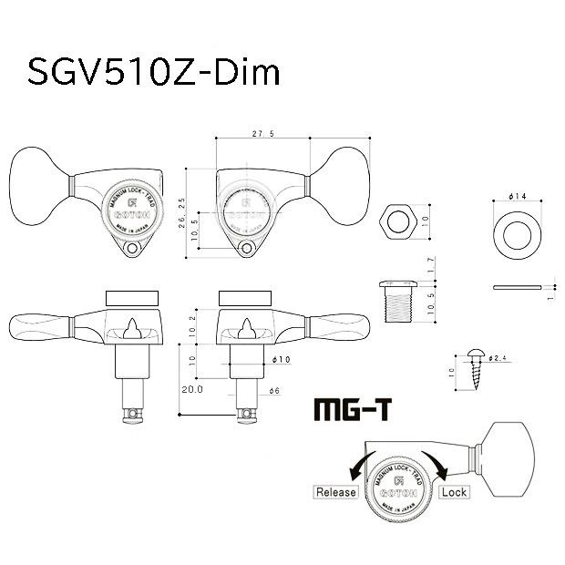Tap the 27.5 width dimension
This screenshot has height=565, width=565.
pyautogui.click(x=265, y=134)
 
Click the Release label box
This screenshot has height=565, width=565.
pyautogui.click(x=335, y=492)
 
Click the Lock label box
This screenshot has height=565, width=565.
pyautogui.click(x=454, y=492)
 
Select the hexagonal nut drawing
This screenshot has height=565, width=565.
pyautogui.click(x=398, y=221)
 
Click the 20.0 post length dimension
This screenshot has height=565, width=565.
pyautogui.click(x=191, y=388)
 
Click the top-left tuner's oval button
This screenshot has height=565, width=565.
pyautogui.click(x=36, y=188)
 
